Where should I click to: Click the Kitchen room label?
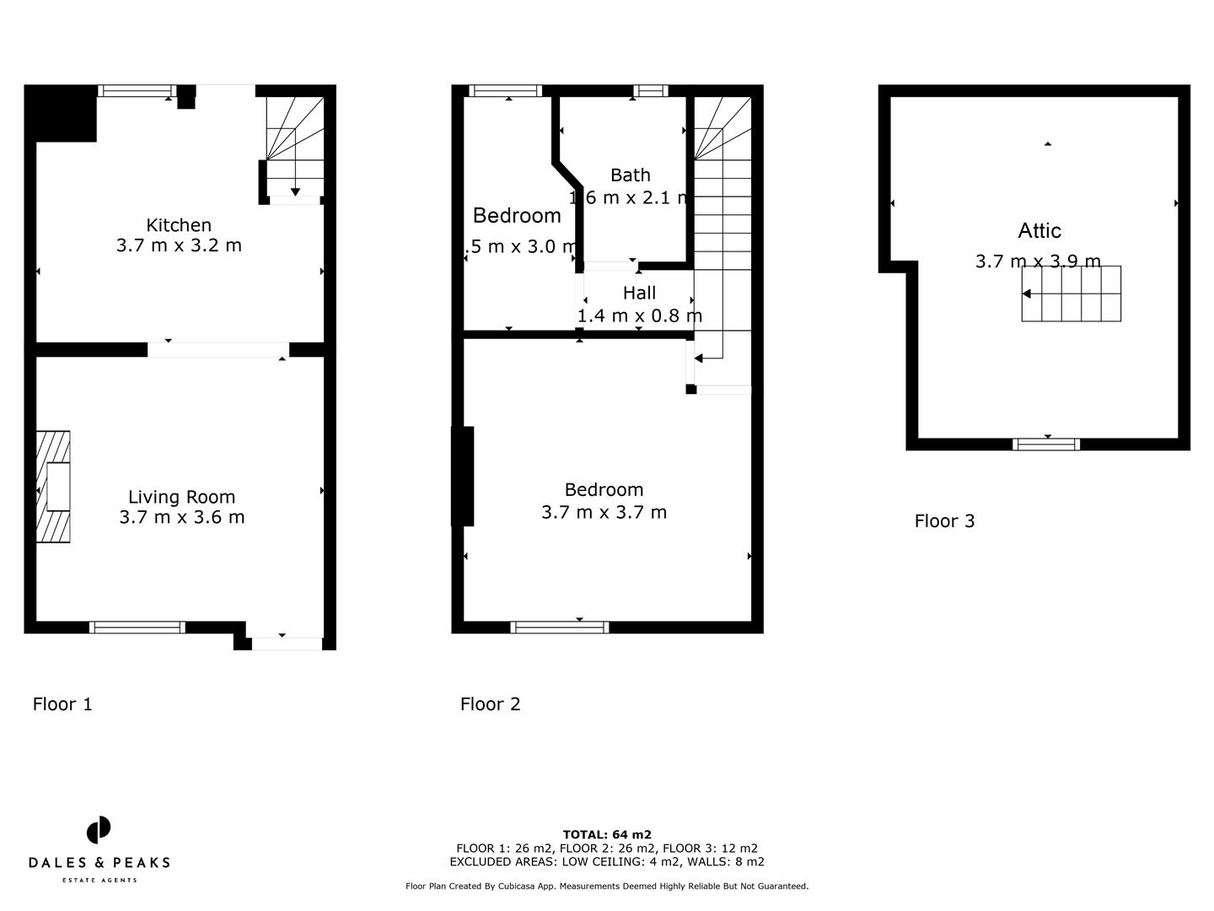click(179, 225)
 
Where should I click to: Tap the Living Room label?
click(181, 498)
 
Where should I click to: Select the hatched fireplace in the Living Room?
click(53, 487)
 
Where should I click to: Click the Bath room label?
click(630, 175)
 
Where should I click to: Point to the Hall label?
click(639, 294)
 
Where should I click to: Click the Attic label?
click(1039, 230)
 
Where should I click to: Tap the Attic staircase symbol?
click(1072, 294)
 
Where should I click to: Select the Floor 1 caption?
click(62, 704)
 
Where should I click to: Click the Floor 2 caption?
click(490, 704)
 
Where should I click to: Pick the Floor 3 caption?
click(944, 521)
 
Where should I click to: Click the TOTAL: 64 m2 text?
click(607, 835)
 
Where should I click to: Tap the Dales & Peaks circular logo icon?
click(99, 830)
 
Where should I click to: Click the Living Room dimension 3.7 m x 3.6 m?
click(181, 517)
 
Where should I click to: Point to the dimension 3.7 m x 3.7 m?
click(604, 512)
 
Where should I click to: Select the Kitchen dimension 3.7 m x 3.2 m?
click(179, 245)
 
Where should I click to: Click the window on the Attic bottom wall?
click(1046, 445)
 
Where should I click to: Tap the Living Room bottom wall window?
click(137, 627)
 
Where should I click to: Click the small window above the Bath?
click(650, 91)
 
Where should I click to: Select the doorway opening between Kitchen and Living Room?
click(218, 349)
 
